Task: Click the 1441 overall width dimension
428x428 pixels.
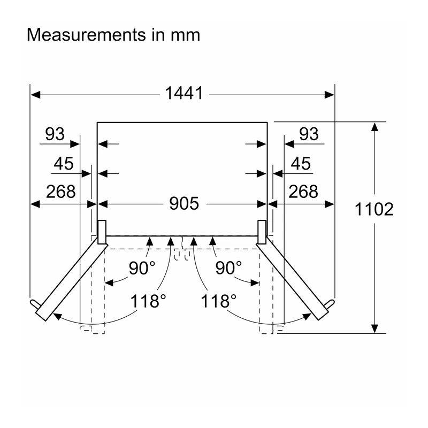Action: point(184,93)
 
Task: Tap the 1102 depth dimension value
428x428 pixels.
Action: point(374,209)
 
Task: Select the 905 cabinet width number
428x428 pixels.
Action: point(184,204)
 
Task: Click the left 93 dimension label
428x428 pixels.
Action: point(55,134)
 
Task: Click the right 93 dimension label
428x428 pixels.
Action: point(309,134)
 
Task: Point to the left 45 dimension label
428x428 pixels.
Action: point(64,164)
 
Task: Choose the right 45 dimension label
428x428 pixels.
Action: point(301,164)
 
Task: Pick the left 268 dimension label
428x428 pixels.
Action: point(60,192)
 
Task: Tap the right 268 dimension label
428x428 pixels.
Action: point(303,192)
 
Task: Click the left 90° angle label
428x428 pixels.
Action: point(142,268)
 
